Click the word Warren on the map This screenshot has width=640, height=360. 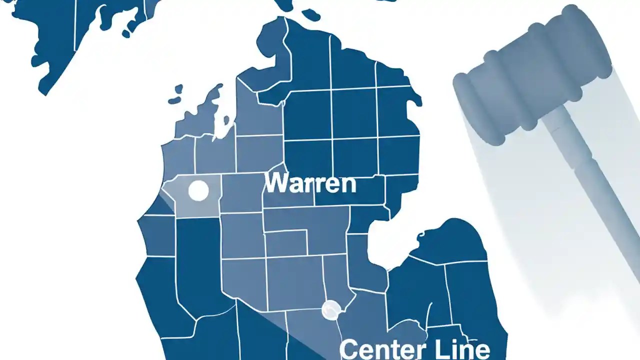[310, 183]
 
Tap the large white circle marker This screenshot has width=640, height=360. [198, 190]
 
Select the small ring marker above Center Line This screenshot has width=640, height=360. [330, 309]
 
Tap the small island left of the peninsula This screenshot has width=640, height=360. [175, 100]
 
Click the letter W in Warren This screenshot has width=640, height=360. [276, 183]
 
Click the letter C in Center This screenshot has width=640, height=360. [350, 349]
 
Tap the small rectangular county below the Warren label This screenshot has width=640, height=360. [285, 243]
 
